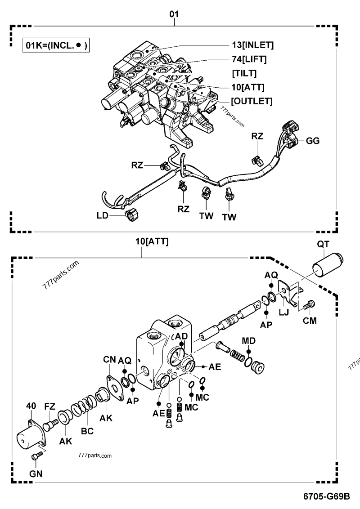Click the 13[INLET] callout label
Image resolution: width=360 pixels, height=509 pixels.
pyautogui.click(x=250, y=45)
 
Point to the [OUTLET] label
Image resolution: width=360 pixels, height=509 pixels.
pyautogui.click(x=252, y=101)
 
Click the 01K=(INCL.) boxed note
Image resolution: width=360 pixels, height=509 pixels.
pyautogui.click(x=56, y=45)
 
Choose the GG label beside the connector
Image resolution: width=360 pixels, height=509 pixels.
pyautogui.click(x=313, y=141)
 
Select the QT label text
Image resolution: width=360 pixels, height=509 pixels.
pyautogui.click(x=323, y=244)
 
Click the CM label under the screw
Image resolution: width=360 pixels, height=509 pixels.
pyautogui.click(x=310, y=321)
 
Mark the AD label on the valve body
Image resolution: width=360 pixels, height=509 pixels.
pyautogui.click(x=181, y=336)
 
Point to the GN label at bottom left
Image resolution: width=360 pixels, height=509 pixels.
pyautogui.click(x=35, y=473)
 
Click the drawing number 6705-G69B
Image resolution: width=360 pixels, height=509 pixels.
pyautogui.click(x=326, y=497)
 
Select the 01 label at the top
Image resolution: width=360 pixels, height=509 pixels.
pyautogui.click(x=174, y=14)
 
